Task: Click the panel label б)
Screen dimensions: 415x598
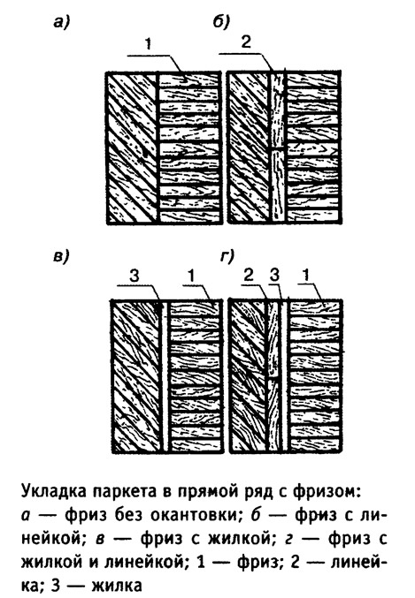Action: tap(221, 22)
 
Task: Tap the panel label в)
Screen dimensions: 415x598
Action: tap(61, 257)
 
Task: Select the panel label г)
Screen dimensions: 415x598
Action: tap(227, 257)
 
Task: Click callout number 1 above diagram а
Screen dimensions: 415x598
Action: tap(148, 44)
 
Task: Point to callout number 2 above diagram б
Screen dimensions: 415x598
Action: tap(246, 42)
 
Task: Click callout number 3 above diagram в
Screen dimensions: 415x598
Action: tap(134, 276)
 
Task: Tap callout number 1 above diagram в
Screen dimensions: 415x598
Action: tap(192, 276)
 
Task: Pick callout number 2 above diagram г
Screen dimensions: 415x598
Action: tap(249, 276)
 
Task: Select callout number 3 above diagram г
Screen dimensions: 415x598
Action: tap(274, 276)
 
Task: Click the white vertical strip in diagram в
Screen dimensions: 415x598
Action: tap(165, 375)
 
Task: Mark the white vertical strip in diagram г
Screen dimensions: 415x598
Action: tap(284, 375)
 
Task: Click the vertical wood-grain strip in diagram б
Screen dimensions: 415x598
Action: tap(278, 147)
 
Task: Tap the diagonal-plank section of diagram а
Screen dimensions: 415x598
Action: tap(132, 148)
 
